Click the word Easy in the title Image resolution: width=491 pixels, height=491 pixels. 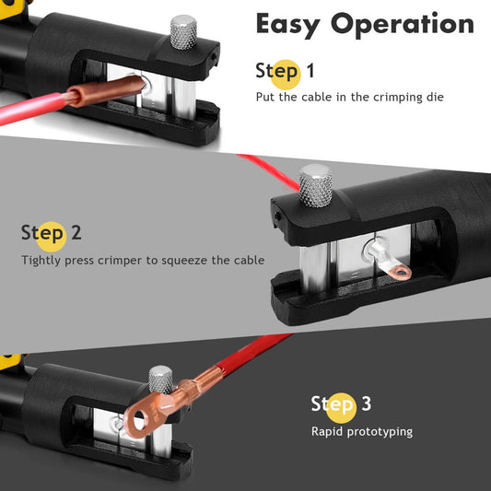[294, 25]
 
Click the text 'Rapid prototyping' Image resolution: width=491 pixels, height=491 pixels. [361, 431]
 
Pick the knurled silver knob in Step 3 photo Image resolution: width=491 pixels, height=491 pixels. [161, 379]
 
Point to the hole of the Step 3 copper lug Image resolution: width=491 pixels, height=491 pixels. [140, 422]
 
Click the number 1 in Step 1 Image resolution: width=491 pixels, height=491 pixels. [310, 71]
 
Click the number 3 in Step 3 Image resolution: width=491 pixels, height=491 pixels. [366, 403]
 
